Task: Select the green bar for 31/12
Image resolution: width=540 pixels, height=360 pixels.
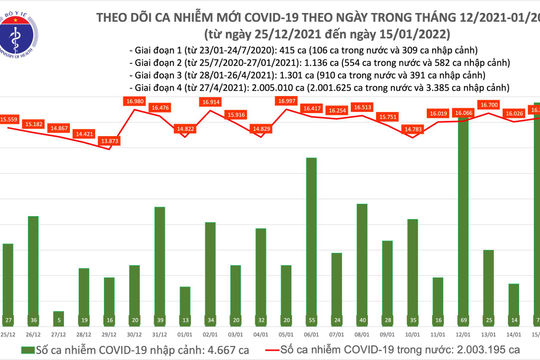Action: [159, 262]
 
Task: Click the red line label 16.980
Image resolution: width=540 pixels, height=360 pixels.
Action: [135, 102]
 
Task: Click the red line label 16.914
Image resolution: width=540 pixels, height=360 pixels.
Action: [210, 103]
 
